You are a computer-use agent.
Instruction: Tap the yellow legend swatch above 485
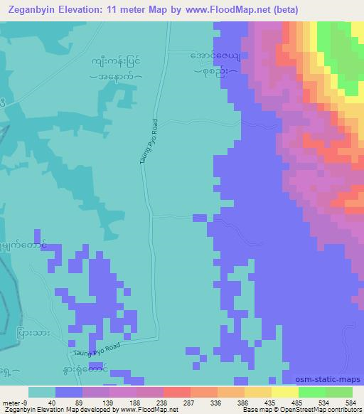click(284, 392)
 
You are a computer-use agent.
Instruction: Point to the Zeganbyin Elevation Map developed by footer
click(57, 410)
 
